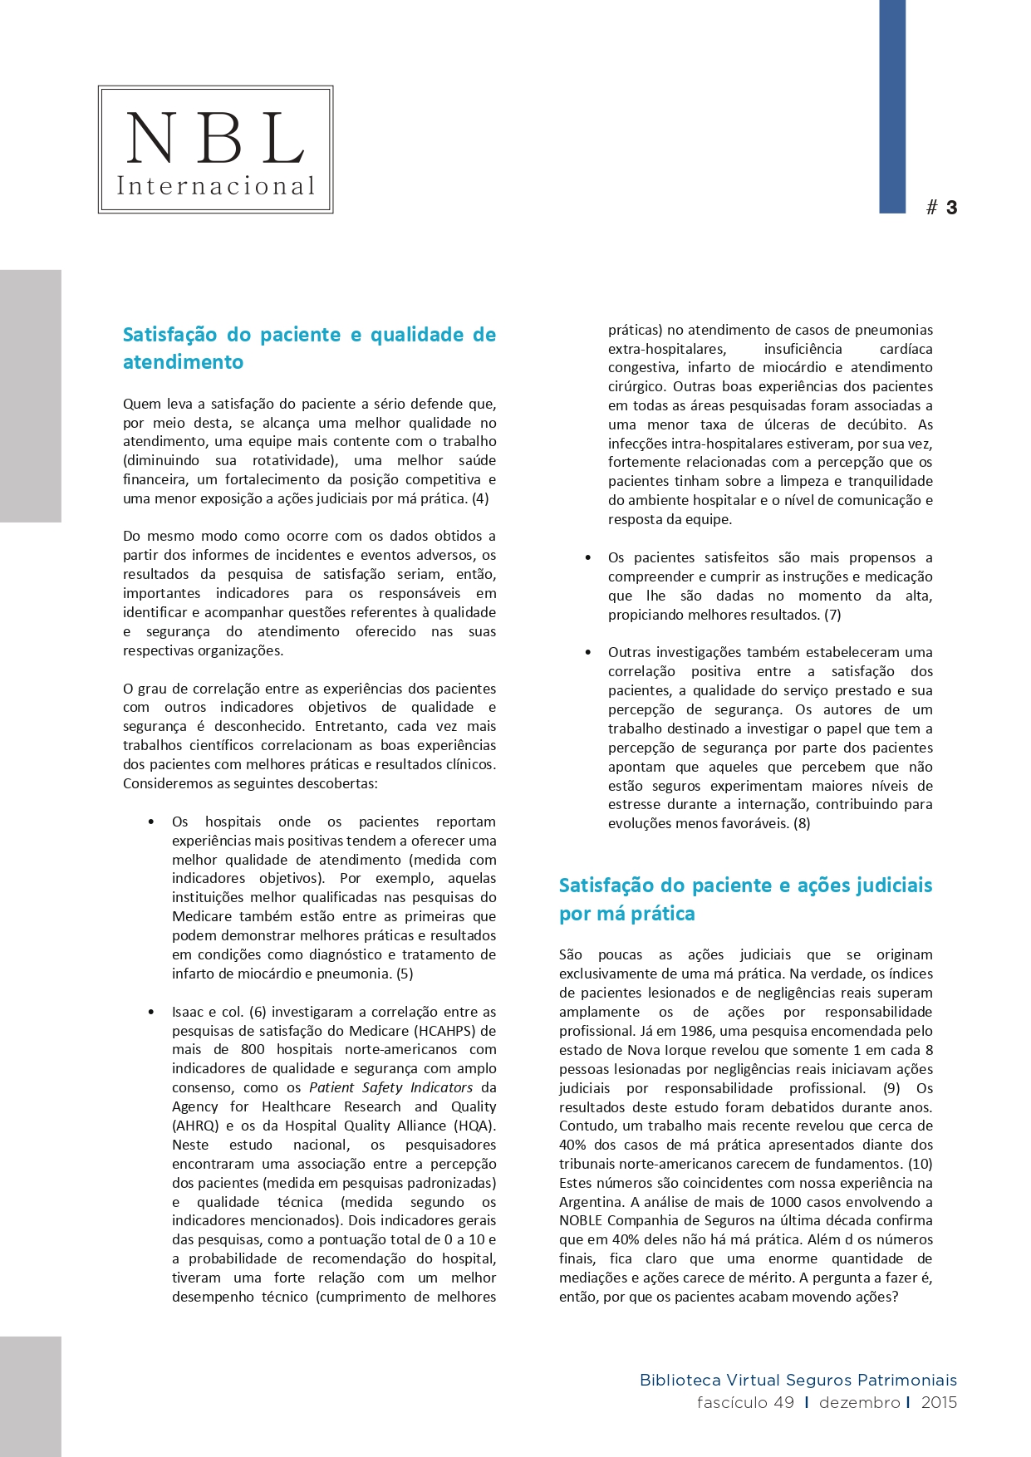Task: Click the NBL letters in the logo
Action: point(215,138)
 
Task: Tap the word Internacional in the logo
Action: point(216,185)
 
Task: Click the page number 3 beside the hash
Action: point(951,208)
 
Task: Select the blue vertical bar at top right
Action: point(892,106)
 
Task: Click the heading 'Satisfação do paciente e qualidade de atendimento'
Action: point(309,348)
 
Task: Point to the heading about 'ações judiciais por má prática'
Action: point(745,899)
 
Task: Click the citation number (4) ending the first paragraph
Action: point(480,498)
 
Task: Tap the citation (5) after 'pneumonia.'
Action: point(405,974)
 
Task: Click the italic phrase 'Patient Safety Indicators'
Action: point(390,1087)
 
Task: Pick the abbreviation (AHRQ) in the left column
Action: point(195,1126)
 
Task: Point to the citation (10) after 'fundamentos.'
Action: point(921,1164)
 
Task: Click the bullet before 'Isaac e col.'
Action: point(151,1012)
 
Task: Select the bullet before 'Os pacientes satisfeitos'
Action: point(588,557)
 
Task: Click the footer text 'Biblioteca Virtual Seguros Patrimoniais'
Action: point(798,1381)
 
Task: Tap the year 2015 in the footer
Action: point(939,1403)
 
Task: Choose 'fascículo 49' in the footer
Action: point(745,1403)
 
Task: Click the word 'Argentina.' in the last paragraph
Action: point(592,1202)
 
